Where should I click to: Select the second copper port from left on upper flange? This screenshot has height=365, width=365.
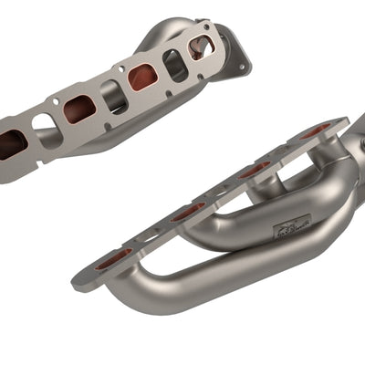[78, 109]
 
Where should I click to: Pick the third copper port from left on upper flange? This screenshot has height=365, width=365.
[142, 78]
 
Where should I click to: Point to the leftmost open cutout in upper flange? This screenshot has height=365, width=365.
[46, 127]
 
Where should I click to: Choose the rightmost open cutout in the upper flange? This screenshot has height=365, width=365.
[173, 62]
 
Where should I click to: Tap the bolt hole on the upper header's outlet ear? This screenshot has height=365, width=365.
[242, 65]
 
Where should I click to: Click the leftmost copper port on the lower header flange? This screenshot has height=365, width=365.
[114, 259]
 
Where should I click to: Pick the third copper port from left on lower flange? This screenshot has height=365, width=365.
[255, 169]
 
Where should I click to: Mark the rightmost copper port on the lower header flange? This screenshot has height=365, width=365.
[315, 131]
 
